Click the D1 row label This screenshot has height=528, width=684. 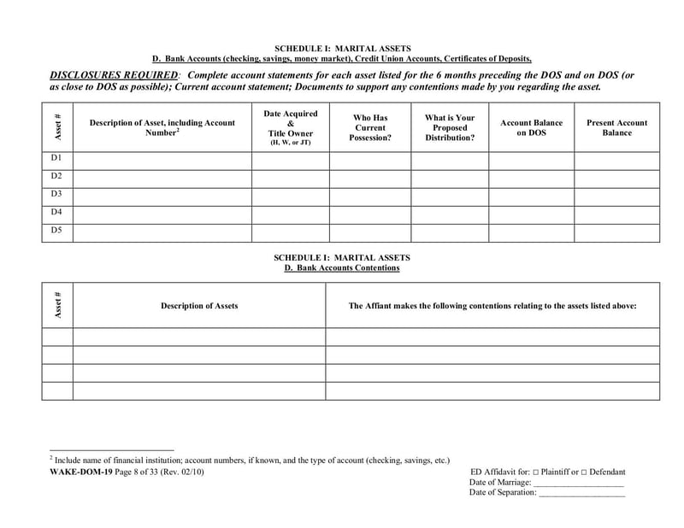56,159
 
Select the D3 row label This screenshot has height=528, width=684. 56,195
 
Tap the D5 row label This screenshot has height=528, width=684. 56,231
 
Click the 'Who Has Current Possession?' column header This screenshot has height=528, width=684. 369,127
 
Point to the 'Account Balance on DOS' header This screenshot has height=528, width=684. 531,128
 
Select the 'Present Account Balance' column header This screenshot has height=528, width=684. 616,128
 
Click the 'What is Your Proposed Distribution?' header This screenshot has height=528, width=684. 450,127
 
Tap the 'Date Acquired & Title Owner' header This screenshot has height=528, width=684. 290,127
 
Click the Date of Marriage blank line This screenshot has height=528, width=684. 579,484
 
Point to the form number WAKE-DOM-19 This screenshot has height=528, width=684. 77,472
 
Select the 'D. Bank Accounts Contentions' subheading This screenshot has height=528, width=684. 342,267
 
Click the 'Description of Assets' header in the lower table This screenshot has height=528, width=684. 199,305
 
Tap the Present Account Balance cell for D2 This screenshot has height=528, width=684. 616,178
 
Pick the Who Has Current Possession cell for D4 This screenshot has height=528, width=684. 369,213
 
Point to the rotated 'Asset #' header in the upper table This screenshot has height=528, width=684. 57,127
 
